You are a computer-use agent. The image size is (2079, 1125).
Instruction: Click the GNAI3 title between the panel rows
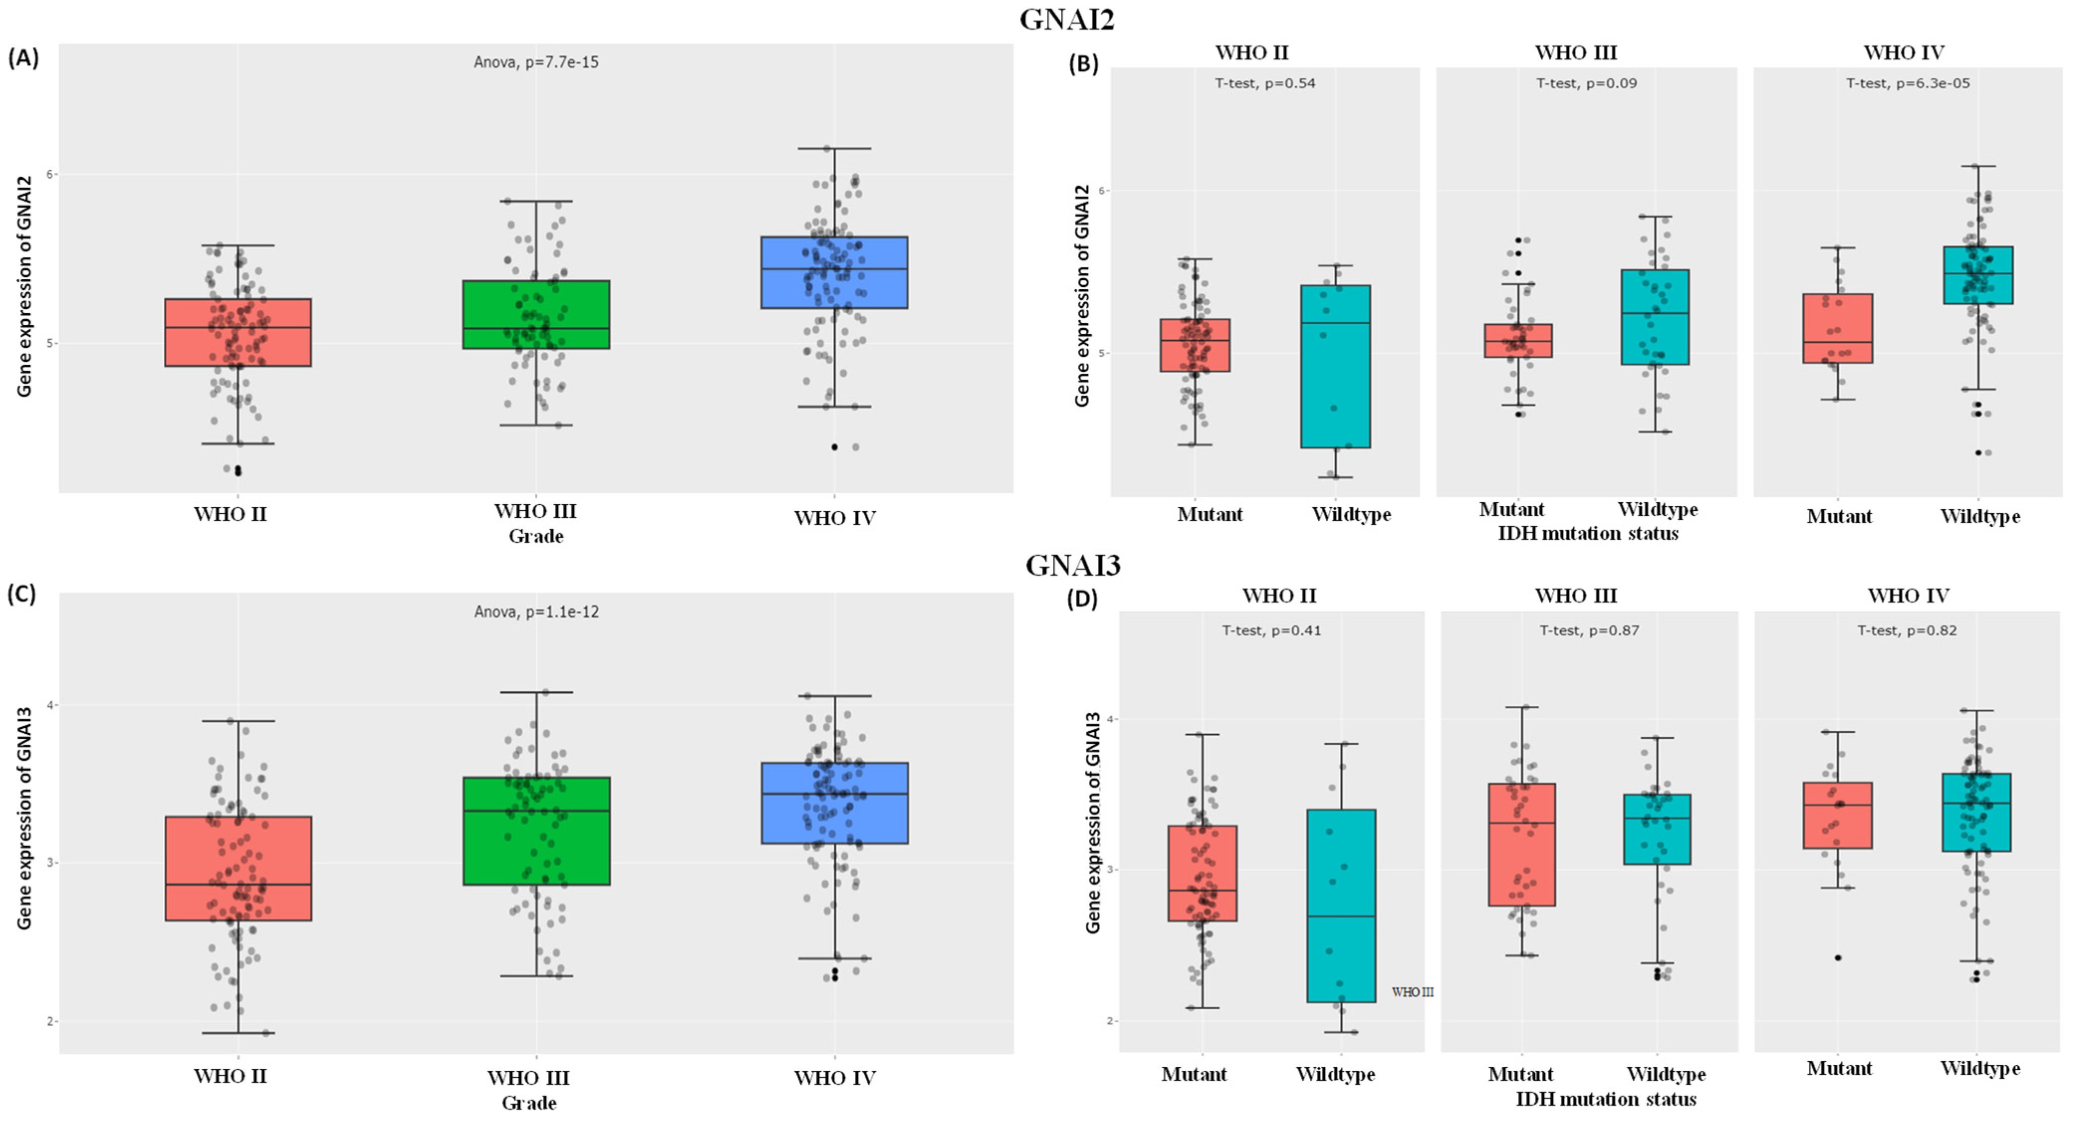point(1072,565)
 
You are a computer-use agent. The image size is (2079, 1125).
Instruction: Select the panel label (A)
point(23,58)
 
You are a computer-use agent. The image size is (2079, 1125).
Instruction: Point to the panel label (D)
point(1082,599)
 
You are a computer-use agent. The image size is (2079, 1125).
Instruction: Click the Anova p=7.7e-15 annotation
point(536,62)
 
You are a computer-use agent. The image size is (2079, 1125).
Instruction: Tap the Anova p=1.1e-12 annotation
point(536,612)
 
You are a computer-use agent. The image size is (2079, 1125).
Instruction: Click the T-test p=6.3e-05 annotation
point(1908,83)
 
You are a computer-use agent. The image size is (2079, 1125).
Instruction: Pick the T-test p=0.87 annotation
point(1589,630)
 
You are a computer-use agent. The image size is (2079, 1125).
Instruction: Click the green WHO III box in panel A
point(536,315)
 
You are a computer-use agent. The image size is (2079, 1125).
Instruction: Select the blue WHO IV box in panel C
point(834,803)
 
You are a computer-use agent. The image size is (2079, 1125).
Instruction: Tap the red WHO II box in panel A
point(238,333)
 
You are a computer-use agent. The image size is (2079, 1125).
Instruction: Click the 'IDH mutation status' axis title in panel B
point(1588,534)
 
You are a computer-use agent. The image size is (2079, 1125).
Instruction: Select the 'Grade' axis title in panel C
point(529,1103)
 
